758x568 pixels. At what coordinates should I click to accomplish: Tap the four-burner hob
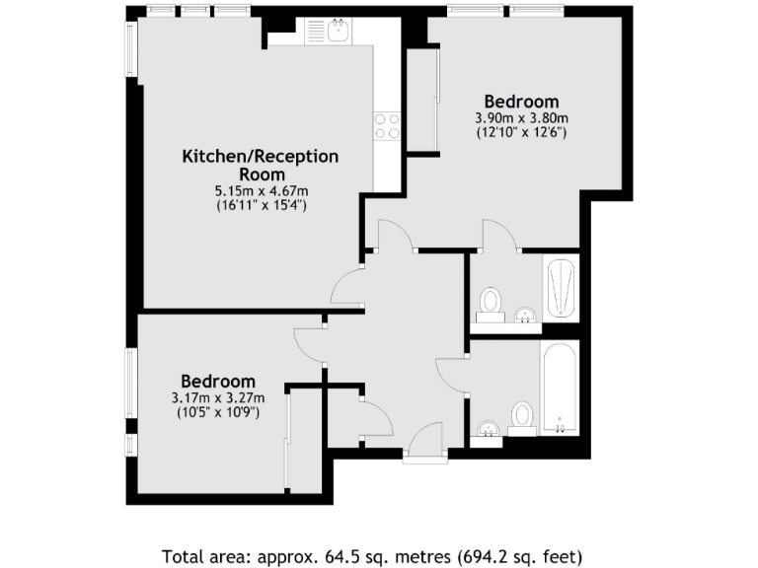(x=387, y=125)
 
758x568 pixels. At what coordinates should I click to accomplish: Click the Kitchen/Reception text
(x=261, y=157)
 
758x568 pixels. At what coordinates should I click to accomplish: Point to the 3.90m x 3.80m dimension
(x=521, y=117)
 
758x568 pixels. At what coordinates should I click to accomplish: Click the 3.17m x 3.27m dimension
(x=217, y=398)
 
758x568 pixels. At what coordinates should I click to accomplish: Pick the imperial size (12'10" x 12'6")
(x=521, y=132)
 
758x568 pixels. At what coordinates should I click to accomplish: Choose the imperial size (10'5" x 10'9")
(x=217, y=413)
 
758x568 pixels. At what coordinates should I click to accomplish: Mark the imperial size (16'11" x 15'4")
(x=262, y=206)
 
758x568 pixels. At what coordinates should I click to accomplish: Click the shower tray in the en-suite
(x=561, y=287)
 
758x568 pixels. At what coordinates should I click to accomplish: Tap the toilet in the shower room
(x=491, y=302)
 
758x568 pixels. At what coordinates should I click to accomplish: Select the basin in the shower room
(x=526, y=316)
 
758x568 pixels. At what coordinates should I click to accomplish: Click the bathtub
(x=559, y=387)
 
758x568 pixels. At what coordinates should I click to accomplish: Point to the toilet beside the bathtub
(x=523, y=417)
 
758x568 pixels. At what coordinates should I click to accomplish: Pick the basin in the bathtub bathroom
(x=487, y=430)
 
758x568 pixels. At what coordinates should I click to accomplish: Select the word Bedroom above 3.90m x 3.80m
(x=521, y=101)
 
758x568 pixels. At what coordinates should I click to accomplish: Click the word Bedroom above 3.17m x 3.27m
(x=217, y=382)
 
